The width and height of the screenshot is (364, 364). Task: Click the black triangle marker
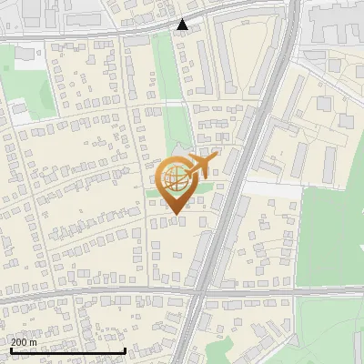tap(183, 25)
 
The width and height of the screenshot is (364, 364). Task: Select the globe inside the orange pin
tap(174, 178)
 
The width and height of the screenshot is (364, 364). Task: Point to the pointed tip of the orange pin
tap(174, 215)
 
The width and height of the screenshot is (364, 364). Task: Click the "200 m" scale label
tap(24, 341)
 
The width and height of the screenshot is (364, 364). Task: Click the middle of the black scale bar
tap(67, 350)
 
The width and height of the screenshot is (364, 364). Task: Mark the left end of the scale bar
tap(10, 350)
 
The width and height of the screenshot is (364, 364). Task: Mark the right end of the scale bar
tap(125, 350)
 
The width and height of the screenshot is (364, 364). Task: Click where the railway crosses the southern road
tap(201, 293)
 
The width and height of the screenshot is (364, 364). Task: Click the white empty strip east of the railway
tap(273, 189)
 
